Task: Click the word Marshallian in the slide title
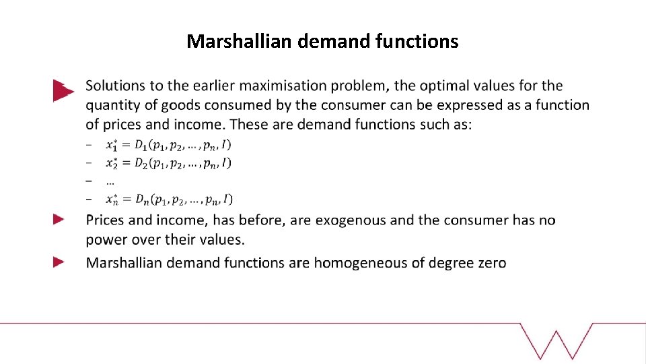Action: click(x=239, y=42)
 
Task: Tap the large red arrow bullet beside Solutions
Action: click(x=62, y=90)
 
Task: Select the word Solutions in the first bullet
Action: click(x=116, y=86)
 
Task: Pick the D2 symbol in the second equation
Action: click(x=141, y=162)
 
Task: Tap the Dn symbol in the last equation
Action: click(x=141, y=199)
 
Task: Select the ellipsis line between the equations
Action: click(x=110, y=181)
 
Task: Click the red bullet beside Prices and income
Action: click(x=59, y=219)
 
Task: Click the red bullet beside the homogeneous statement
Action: click(x=59, y=262)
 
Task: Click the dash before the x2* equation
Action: click(x=89, y=162)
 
